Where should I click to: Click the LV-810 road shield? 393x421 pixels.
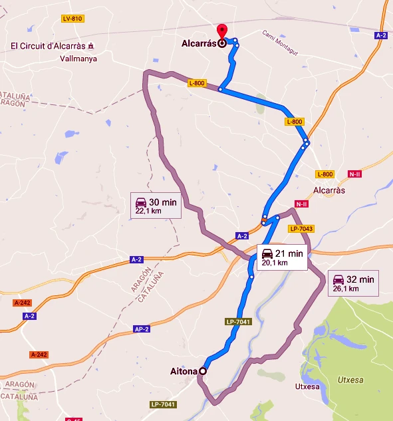(x=72, y=19)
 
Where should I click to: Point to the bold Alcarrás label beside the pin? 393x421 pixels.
(x=199, y=43)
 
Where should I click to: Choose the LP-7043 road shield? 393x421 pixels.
(x=301, y=229)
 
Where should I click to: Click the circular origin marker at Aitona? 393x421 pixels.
(x=202, y=372)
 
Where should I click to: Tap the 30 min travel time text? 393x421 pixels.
(x=163, y=202)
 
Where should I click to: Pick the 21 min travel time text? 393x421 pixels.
(x=289, y=253)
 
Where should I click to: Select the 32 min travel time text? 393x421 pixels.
(x=360, y=279)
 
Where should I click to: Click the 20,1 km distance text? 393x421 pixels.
(x=274, y=263)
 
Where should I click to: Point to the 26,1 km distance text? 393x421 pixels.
(x=345, y=289)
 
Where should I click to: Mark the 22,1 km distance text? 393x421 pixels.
(x=148, y=211)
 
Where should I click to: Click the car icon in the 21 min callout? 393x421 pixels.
(x=267, y=253)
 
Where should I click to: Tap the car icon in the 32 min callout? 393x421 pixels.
(x=338, y=279)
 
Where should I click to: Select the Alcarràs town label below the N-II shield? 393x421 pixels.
(x=328, y=190)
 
